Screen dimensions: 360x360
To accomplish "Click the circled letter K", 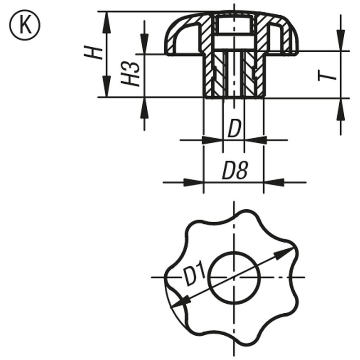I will tap(24, 25).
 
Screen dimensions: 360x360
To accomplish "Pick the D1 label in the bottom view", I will tap(194, 275).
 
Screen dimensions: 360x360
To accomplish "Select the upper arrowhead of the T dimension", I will tap(341, 41).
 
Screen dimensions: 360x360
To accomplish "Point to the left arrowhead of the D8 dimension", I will tap(194, 182).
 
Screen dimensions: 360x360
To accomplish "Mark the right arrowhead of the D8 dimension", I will tap(274, 182).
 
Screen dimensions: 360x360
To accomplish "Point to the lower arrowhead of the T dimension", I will tap(341, 108).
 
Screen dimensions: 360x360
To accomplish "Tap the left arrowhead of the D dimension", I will tap(213, 140).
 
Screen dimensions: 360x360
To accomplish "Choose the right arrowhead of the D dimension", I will tap(254, 140).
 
